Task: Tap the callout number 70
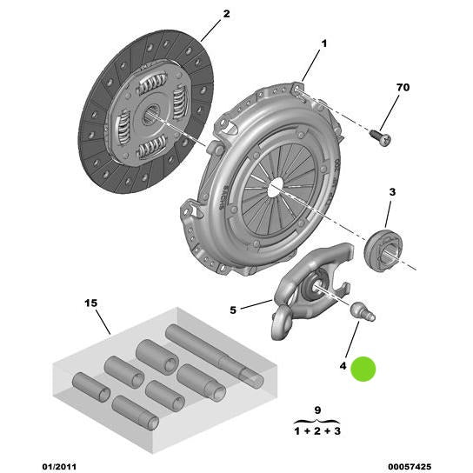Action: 403,89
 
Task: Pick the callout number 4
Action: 343,368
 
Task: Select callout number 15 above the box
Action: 92,303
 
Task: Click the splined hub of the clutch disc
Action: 150,112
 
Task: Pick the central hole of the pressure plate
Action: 275,186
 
